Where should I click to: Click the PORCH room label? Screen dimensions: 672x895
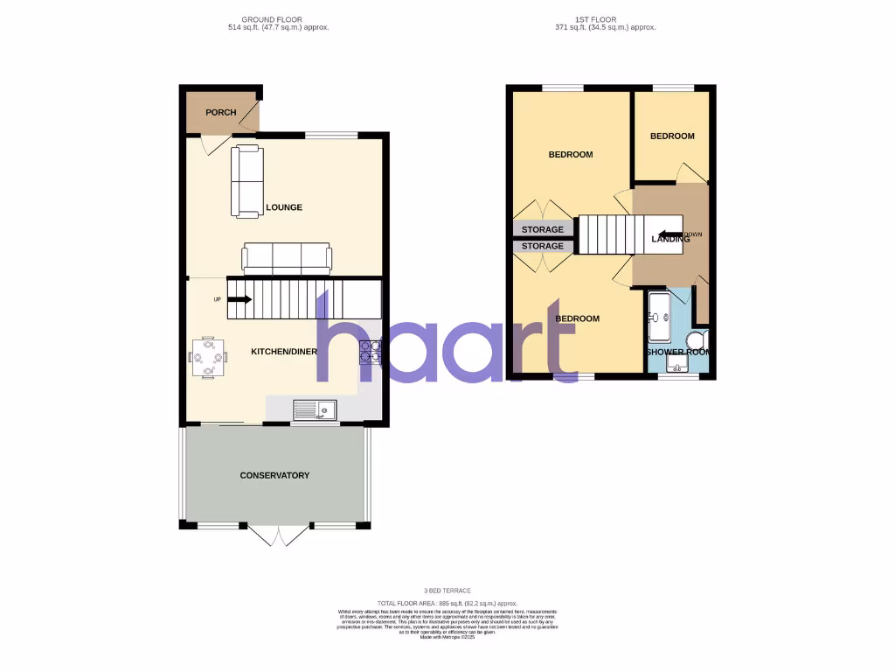pos(220,113)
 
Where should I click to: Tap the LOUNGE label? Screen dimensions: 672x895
pos(284,208)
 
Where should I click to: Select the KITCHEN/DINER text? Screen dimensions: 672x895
pos(284,352)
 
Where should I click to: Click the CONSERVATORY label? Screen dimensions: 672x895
pos(274,476)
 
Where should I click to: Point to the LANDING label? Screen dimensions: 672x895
pos(670,239)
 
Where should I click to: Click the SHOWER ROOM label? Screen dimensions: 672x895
pos(677,352)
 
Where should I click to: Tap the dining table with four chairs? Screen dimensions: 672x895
pos(208,357)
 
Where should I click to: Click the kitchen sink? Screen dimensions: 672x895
pos(316,409)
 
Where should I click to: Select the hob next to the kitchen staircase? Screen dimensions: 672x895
pos(370,352)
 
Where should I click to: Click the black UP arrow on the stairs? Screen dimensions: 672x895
pos(238,299)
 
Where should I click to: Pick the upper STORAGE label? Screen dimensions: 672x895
pos(543,229)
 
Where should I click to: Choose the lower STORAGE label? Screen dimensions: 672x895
pos(543,247)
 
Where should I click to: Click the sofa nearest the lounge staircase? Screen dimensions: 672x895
pos(287,257)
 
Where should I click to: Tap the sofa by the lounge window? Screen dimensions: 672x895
pos(246,181)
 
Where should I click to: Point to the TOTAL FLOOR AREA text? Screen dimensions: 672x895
pos(447,604)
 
